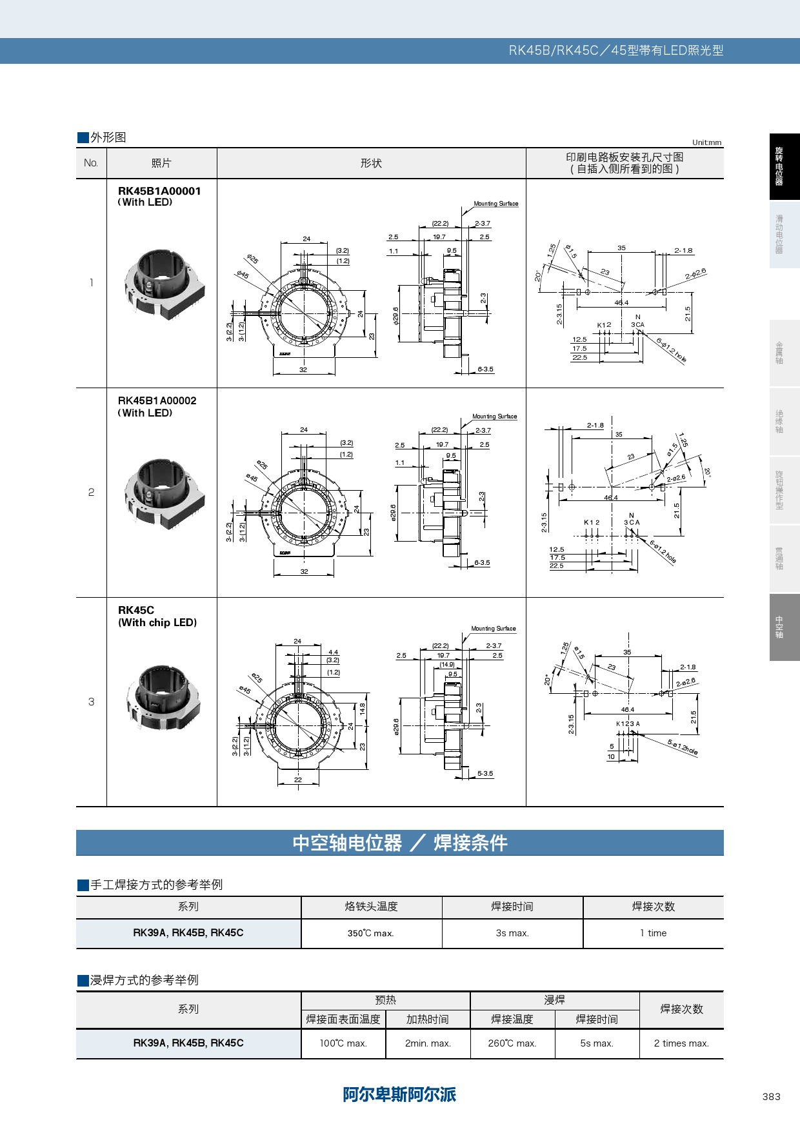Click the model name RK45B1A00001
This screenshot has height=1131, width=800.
[x=159, y=191]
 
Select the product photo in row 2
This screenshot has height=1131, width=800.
[x=164, y=493]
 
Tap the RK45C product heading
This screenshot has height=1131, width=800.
[x=136, y=610]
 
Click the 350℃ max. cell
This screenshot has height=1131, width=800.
[x=371, y=933]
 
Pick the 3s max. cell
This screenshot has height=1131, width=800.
[x=512, y=933]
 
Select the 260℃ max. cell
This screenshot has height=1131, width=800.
[x=512, y=1043]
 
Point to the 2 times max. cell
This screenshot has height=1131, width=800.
[x=681, y=1043]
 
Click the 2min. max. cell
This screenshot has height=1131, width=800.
[x=428, y=1043]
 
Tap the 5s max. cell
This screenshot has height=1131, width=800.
[x=597, y=1043]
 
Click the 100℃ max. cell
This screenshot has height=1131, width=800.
[x=343, y=1043]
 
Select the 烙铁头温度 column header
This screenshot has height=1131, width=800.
[x=371, y=907]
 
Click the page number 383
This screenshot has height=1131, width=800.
[x=771, y=1096]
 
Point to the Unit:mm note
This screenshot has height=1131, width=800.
[x=707, y=143]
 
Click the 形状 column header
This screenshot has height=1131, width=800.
[x=371, y=163]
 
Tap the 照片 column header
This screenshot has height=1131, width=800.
[x=161, y=163]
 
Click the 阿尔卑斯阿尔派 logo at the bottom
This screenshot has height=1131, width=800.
[x=399, y=1094]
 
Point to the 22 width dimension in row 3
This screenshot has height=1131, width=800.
[x=298, y=780]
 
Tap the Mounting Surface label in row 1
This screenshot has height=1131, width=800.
[x=495, y=204]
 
